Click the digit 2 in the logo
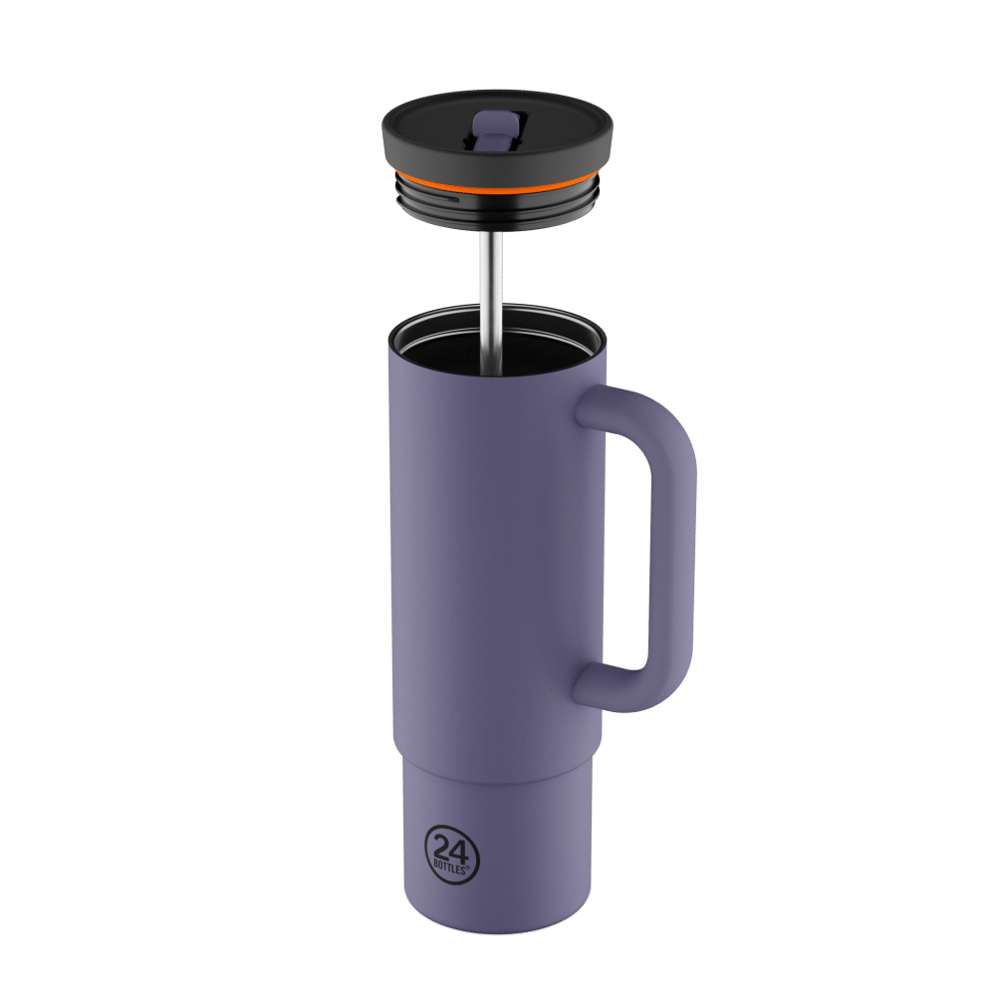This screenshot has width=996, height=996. tap(441, 848)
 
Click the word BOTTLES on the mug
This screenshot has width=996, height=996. tap(450, 868)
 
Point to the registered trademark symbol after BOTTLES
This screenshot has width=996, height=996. tap(468, 867)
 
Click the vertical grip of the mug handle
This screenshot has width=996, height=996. tap(672, 559)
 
